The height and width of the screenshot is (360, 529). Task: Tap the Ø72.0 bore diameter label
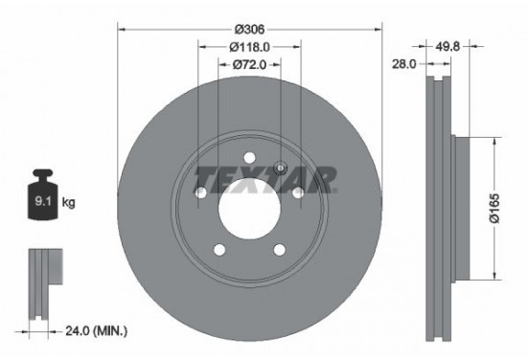point(248,65)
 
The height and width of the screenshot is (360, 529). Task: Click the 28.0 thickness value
point(402,65)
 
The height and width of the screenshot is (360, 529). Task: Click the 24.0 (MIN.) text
point(96,331)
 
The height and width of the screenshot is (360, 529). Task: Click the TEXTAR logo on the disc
point(265,177)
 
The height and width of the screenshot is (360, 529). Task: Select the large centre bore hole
point(249,202)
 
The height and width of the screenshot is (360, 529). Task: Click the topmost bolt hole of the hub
point(249,159)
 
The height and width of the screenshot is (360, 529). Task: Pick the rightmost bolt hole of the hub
point(298,194)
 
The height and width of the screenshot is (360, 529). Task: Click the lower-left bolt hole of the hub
point(218,251)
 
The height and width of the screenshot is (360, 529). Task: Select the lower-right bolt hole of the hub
point(280,251)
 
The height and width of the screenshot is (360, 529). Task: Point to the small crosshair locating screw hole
point(279,169)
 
